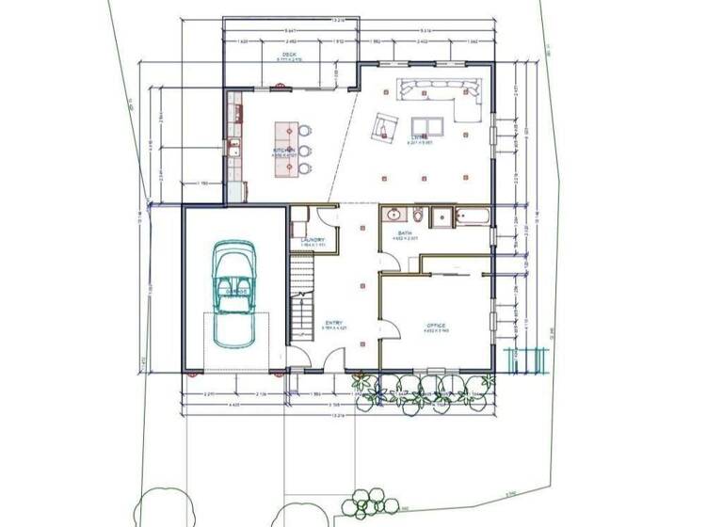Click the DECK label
[x=290, y=55]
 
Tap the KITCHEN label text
[x=283, y=150]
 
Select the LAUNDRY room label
[x=312, y=240]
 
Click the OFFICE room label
[x=434, y=325]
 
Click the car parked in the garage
[x=233, y=293]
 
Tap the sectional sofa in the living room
[x=442, y=97]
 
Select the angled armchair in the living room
[x=385, y=125]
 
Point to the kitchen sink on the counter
[x=232, y=147]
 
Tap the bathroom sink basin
[x=393, y=214]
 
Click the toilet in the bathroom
[x=442, y=217]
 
